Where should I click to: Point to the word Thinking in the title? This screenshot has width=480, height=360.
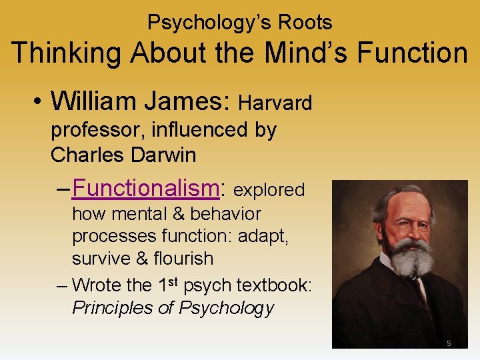[67, 53]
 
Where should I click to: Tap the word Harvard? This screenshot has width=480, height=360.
[275, 103]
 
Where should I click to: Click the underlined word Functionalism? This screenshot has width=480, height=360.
[145, 189]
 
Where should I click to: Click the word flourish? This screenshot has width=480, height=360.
[181, 258]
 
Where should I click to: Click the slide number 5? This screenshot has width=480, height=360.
[449, 343]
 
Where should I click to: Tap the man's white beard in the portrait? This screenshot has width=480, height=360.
[409, 257]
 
